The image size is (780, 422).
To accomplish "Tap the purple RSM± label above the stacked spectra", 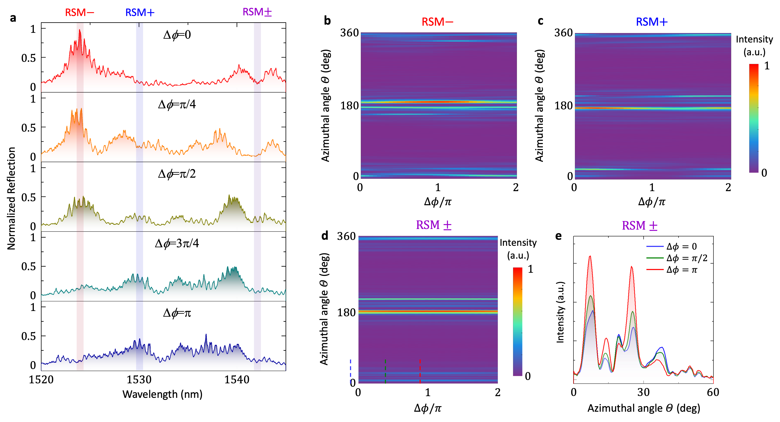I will point(257,12).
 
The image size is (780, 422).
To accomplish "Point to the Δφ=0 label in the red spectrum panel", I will point(177,35).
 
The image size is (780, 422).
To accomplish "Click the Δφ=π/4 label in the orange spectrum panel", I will point(177,105).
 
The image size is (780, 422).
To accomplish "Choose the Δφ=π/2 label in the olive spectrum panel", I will point(177,174).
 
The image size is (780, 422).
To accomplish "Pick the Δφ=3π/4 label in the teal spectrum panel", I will point(177,243).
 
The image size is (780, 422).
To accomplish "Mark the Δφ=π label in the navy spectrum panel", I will point(177,313).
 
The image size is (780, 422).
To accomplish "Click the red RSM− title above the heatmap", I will point(437,22).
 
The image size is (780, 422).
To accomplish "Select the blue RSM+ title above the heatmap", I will point(652,22).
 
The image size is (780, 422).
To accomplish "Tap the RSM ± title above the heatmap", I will point(434,225).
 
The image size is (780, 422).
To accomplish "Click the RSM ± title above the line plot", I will point(639,226).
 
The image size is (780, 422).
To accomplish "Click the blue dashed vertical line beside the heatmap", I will point(350,371).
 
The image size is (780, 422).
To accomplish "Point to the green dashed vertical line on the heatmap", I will point(385,371).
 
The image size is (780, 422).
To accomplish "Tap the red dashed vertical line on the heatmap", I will point(420,371).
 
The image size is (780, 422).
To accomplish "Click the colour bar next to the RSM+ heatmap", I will point(754,118).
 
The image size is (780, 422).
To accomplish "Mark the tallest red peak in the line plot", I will point(590,257).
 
